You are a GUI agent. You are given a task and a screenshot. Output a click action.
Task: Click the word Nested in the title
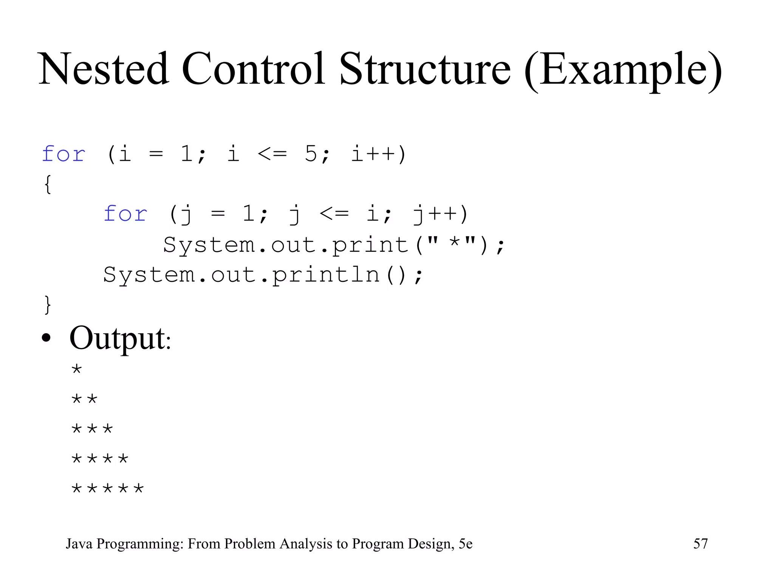coord(104,69)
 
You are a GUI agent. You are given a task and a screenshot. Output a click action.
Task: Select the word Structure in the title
coord(425,69)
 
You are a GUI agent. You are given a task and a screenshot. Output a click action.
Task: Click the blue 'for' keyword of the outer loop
coord(63,154)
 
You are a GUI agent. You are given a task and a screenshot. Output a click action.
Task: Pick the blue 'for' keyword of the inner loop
coord(125,214)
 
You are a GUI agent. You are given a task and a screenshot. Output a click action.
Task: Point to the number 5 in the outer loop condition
coord(311,154)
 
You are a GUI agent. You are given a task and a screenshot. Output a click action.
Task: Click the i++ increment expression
coord(378,154)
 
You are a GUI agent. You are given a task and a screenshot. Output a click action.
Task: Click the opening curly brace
coord(48,184)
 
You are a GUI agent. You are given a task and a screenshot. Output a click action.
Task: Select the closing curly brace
coord(48,304)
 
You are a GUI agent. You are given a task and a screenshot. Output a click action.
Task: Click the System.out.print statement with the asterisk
coord(333,245)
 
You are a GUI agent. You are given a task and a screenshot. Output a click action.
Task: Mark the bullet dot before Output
coord(46,338)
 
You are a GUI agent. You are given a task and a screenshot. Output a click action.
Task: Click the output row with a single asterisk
coord(77,369)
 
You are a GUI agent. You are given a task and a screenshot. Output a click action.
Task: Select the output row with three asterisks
coord(92,429)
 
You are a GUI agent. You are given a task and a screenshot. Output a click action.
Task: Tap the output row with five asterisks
coord(108,489)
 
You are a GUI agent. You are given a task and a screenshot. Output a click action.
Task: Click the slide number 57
coord(700,544)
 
